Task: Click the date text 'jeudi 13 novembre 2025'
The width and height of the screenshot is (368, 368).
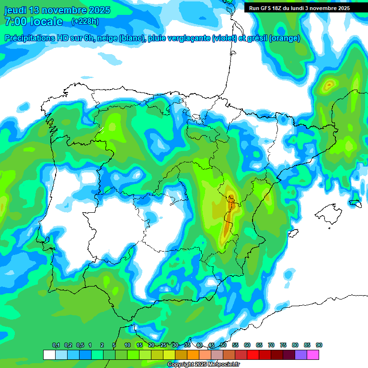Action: pyautogui.click(x=57, y=10)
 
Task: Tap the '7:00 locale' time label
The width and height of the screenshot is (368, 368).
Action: pyautogui.click(x=34, y=22)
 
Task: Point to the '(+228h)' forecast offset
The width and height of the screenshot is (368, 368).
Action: pyautogui.click(x=85, y=21)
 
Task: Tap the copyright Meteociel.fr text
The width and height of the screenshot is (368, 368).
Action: pyautogui.click(x=203, y=365)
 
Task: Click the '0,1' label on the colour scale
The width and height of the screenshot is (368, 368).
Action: pyautogui.click(x=56, y=345)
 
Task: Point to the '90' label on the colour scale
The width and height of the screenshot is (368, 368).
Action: pyautogui.click(x=319, y=345)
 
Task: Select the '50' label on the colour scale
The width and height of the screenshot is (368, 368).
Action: pyautogui.click(x=223, y=345)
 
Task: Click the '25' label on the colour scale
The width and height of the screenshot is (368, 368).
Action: pyautogui.click(x=163, y=345)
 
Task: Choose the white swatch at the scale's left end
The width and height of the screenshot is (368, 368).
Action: pyautogui.click(x=49, y=355)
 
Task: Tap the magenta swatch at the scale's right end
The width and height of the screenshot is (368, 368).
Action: pyautogui.click(x=313, y=355)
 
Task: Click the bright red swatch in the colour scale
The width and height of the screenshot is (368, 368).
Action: pyautogui.click(x=253, y=355)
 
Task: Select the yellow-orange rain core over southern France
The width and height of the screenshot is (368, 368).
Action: pyautogui.click(x=329, y=86)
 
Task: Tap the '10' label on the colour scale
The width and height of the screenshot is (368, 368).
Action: pyautogui.click(x=127, y=345)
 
